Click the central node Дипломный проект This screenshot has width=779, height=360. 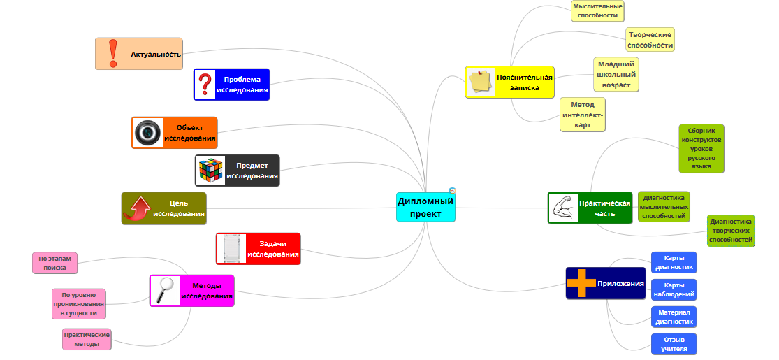pyautogui.click(x=425, y=207)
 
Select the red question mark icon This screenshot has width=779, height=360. pyautogui.click(x=205, y=85)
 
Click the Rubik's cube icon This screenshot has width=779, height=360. pyautogui.click(x=210, y=171)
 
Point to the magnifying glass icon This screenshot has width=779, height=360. pyautogui.click(x=166, y=290)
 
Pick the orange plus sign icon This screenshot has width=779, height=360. pyautogui.click(x=581, y=283)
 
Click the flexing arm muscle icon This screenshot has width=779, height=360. pyautogui.click(x=564, y=208)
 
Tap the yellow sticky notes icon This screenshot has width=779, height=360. pyautogui.click(x=481, y=82)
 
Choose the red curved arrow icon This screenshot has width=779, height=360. pyautogui.click(x=138, y=208)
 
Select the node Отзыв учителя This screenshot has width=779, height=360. pyautogui.click(x=674, y=344)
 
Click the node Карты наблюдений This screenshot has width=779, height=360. pyautogui.click(x=674, y=289)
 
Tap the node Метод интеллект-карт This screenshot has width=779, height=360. pyautogui.click(x=582, y=115)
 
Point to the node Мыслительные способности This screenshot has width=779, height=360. pyautogui.click(x=597, y=10)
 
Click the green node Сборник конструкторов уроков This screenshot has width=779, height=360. pyautogui.click(x=701, y=148)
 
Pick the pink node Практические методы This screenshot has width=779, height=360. pyautogui.click(x=87, y=339)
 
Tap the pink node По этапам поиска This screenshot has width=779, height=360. pyautogui.click(x=54, y=263)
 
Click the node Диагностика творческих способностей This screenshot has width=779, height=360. pyautogui.click(x=731, y=231)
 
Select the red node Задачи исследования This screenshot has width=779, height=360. pyautogui.click(x=259, y=249)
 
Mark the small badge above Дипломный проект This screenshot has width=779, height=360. pyautogui.click(x=452, y=190)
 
